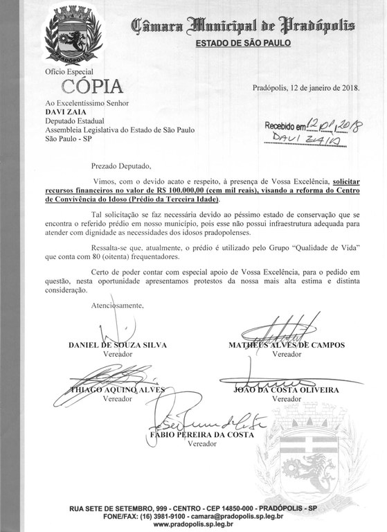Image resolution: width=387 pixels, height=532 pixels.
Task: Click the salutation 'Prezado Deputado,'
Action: coord(125,166)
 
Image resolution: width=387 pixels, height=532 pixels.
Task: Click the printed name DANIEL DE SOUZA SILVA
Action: coord(118,345)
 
